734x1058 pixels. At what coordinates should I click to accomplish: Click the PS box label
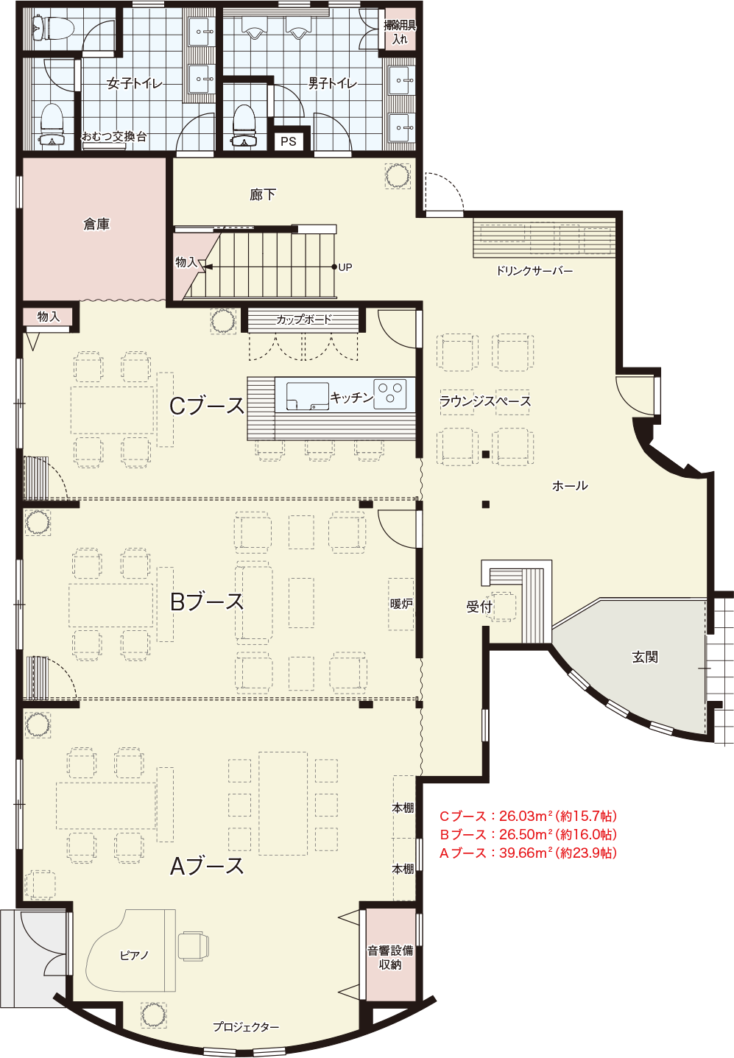coord(288,141)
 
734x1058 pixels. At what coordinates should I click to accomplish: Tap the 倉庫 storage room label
coord(96,225)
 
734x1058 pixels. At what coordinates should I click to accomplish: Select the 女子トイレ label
coord(135,84)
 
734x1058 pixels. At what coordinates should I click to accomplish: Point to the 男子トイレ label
coord(333,84)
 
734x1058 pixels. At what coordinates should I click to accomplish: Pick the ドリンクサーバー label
coord(534,271)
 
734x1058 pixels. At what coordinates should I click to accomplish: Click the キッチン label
coord(351,398)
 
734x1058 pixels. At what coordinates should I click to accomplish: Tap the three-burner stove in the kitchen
coord(389,394)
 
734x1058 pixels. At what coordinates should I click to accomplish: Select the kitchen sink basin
coord(308,396)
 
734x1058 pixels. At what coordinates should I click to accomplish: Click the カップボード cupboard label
coord(304,320)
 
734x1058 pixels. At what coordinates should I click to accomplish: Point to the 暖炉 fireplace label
coord(401,604)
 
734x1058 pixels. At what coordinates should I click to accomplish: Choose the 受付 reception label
coord(479,607)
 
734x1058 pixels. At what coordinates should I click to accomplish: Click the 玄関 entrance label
coord(645,657)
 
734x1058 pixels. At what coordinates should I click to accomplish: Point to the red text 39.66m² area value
coord(526,853)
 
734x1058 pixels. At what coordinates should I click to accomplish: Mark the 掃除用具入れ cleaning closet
coord(400,29)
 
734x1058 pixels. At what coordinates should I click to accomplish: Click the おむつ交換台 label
coord(114,137)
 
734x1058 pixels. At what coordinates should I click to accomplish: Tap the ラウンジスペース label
coord(485,401)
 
